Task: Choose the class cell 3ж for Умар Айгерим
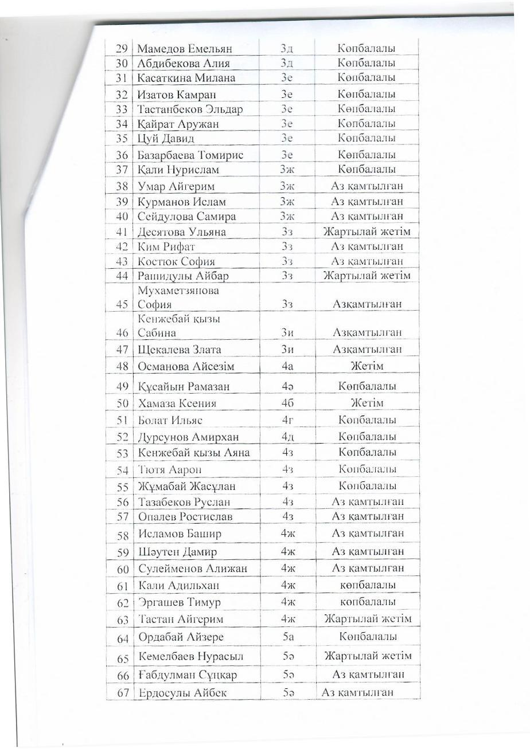point(287,186)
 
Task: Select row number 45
point(121,304)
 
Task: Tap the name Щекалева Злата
point(180,350)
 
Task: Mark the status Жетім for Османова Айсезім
point(367,366)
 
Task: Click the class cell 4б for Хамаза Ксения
point(288,403)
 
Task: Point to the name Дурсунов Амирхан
point(188,437)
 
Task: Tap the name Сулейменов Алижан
point(193,569)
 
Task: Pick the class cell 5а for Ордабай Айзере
point(288,637)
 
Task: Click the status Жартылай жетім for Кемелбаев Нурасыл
point(368,656)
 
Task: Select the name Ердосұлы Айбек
point(183,693)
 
